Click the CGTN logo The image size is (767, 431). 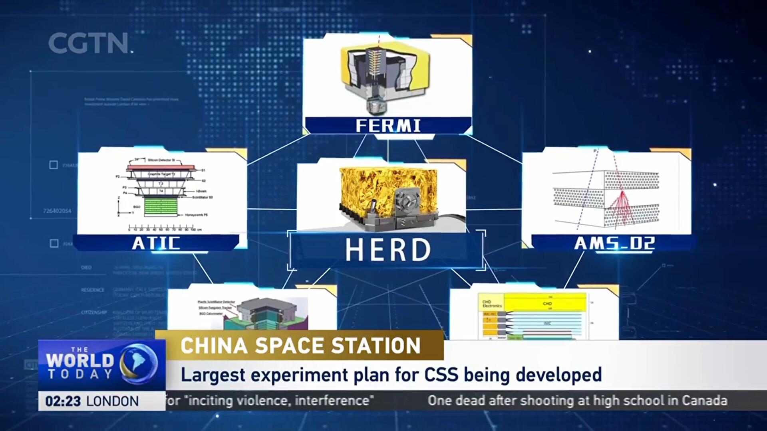89,43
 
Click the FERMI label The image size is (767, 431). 388,126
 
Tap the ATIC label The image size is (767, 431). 156,243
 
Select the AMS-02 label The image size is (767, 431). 614,243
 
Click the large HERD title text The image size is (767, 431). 388,250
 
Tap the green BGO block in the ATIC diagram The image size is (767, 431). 160,207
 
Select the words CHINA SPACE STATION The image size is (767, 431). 300,346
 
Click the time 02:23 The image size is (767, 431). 63,401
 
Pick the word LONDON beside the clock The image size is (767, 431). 113,401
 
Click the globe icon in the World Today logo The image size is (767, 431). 139,362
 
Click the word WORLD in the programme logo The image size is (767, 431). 80,360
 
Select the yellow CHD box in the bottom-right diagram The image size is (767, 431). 546,303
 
